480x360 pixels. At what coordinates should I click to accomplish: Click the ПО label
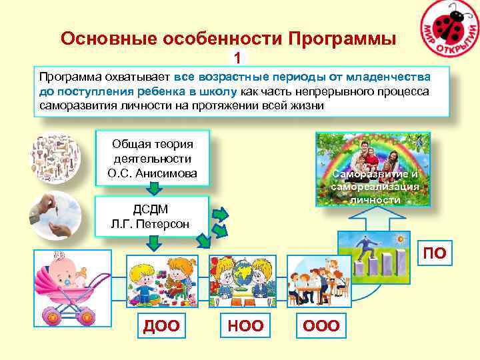pos(435,253)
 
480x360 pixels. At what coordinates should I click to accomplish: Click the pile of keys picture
pos(54,159)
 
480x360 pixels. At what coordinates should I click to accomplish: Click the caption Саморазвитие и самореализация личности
pos(375,187)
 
